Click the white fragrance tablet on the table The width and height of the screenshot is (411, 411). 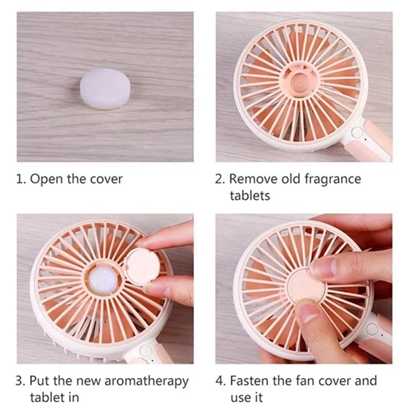pos(105,88)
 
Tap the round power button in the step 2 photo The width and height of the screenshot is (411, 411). pos(357,133)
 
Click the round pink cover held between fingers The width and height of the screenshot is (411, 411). pos(142,266)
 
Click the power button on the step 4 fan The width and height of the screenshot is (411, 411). pos(371,329)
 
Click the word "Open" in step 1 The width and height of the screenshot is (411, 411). pos(47,179)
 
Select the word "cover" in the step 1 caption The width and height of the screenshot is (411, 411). pos(106,179)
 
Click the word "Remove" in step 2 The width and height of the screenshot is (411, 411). pos(253,179)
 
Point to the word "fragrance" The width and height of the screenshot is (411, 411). pos(332,179)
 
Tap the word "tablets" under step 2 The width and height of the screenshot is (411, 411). pos(250,196)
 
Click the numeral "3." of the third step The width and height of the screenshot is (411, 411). pos(21,381)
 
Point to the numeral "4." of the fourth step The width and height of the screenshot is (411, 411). pos(220,381)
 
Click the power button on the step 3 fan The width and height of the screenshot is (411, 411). pos(146,351)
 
